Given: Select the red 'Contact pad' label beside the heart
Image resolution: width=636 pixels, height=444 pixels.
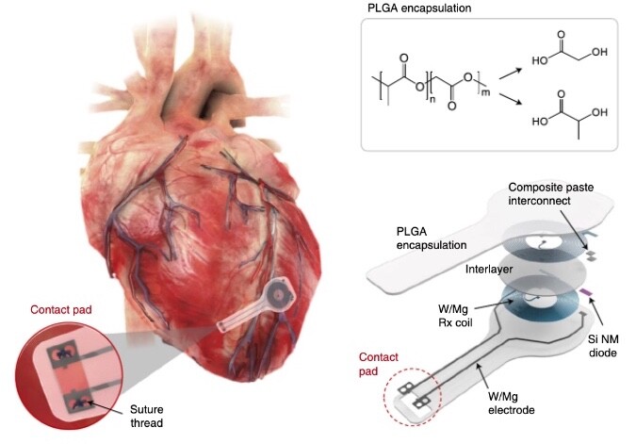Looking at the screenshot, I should (x=60, y=307).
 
